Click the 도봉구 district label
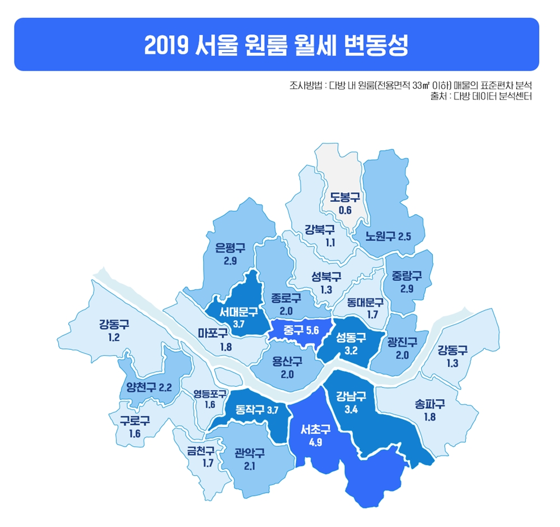point(344,197)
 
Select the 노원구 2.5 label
point(388,236)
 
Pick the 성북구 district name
point(327,276)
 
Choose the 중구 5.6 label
point(301,330)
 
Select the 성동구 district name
point(351,338)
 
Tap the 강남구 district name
point(351,397)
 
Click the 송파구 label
point(430,404)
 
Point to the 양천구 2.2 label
point(149,386)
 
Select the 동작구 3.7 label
point(257,410)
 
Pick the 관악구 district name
point(250,452)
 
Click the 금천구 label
point(200,450)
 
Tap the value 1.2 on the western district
point(114,338)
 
